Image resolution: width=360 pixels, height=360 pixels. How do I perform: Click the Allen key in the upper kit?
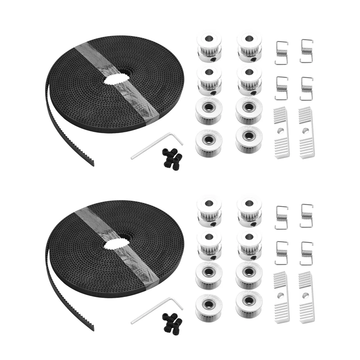[155, 146]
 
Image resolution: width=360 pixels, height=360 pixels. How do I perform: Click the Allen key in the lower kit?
[155, 310]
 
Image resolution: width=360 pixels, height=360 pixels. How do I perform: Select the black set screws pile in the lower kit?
[172, 322]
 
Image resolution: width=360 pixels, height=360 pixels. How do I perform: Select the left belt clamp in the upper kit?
[281, 133]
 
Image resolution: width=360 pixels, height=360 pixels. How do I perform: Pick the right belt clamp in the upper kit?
[306, 133]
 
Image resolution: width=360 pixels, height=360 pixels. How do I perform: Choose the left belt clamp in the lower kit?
[281, 297]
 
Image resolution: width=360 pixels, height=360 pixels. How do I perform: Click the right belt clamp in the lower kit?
[306, 297]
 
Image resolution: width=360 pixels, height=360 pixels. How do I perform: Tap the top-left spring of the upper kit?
[281, 52]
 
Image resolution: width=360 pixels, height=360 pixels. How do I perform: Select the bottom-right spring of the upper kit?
[306, 88]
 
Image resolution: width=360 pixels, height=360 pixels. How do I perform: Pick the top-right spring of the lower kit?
[306, 216]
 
